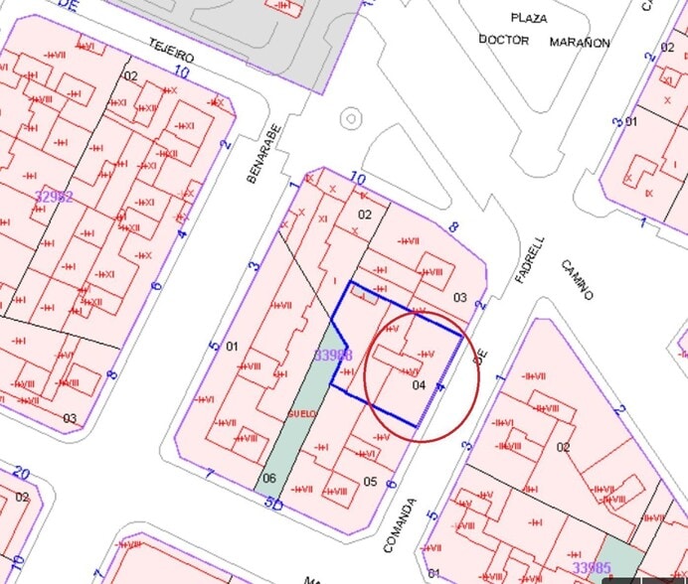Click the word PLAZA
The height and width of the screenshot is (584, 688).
click(x=529, y=18)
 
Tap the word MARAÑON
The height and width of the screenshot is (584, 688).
click(x=580, y=43)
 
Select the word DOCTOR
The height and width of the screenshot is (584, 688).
click(x=503, y=40)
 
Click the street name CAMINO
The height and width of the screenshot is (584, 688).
click(x=577, y=279)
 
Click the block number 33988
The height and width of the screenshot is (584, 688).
click(x=332, y=355)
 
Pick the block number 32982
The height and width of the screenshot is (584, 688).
click(x=54, y=197)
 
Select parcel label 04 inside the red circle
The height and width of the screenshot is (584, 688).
click(x=418, y=384)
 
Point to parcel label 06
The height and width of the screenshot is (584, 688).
click(x=267, y=478)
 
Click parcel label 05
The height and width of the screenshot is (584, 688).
click(x=370, y=482)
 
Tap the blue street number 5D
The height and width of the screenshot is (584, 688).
click(x=274, y=504)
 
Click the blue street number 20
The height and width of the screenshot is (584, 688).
click(x=22, y=474)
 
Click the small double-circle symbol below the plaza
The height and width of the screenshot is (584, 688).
click(x=350, y=119)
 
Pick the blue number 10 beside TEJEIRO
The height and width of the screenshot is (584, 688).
click(x=181, y=71)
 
